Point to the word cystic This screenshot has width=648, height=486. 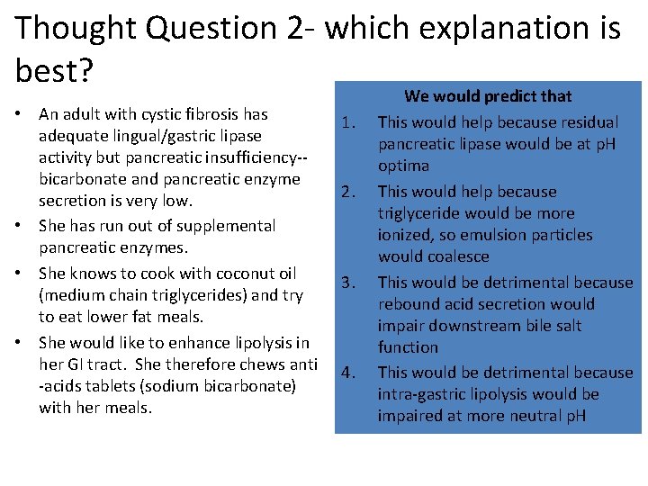tap(163, 114)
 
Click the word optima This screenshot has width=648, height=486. tap(403, 166)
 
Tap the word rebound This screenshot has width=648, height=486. tap(406, 304)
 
